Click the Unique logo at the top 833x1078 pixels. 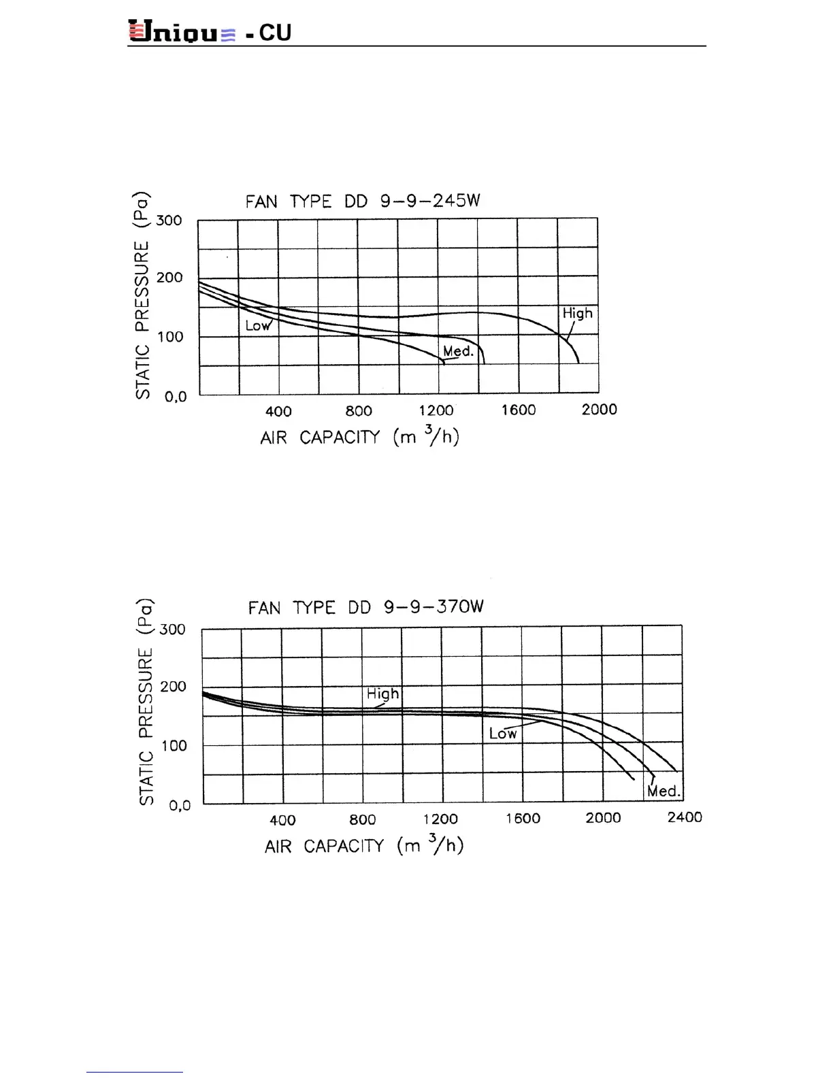click(182, 32)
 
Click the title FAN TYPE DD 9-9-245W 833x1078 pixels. click(363, 201)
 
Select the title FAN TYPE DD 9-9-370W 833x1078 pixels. click(365, 607)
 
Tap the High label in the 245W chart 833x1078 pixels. click(577, 314)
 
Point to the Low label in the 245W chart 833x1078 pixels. click(258, 326)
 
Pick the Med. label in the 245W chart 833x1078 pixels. click(458, 351)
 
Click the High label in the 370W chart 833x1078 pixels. click(382, 694)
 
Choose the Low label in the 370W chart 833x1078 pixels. click(503, 734)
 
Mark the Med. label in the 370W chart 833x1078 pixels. click(664, 791)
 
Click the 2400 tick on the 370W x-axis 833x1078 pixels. click(684, 817)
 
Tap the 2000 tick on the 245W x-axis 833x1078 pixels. click(599, 410)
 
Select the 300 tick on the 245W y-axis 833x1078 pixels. click(169, 220)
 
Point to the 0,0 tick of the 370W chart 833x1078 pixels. click(180, 806)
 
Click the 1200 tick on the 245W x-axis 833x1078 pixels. click(436, 410)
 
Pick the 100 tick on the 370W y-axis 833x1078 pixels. click(174, 746)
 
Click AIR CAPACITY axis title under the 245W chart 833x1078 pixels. click(359, 437)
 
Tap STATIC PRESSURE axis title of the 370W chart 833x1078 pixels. click(146, 702)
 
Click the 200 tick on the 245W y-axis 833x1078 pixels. click(169, 278)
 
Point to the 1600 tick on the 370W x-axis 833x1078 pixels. click(523, 819)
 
